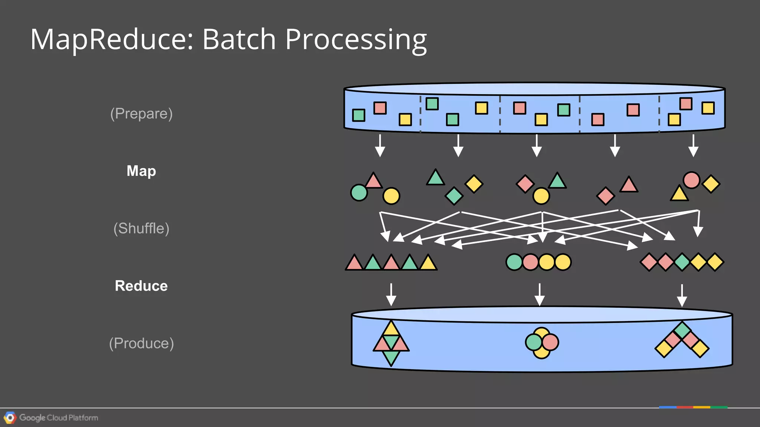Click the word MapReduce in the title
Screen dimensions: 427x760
pyautogui.click(x=111, y=39)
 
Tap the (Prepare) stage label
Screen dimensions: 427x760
pyautogui.click(x=141, y=113)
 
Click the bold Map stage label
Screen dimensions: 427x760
pyautogui.click(x=141, y=171)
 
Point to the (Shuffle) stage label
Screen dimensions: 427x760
pyautogui.click(x=141, y=228)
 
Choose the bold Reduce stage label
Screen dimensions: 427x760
pyautogui.click(x=141, y=286)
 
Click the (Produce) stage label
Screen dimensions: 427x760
pyautogui.click(x=141, y=343)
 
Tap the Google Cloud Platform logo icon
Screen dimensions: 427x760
pyautogui.click(x=10, y=418)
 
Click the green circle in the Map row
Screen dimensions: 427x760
pyautogui.click(x=359, y=193)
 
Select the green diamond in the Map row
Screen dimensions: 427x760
pyautogui.click(x=454, y=196)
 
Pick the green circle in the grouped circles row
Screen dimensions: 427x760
pyautogui.click(x=514, y=262)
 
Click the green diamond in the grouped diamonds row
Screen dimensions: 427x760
pyautogui.click(x=682, y=262)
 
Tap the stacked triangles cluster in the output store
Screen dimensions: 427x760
pyautogui.click(x=391, y=343)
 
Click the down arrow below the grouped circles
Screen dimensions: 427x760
pyautogui.click(x=540, y=295)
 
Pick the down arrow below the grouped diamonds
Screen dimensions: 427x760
pyautogui.click(x=682, y=295)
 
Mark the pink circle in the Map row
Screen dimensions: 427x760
pyautogui.click(x=691, y=180)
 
